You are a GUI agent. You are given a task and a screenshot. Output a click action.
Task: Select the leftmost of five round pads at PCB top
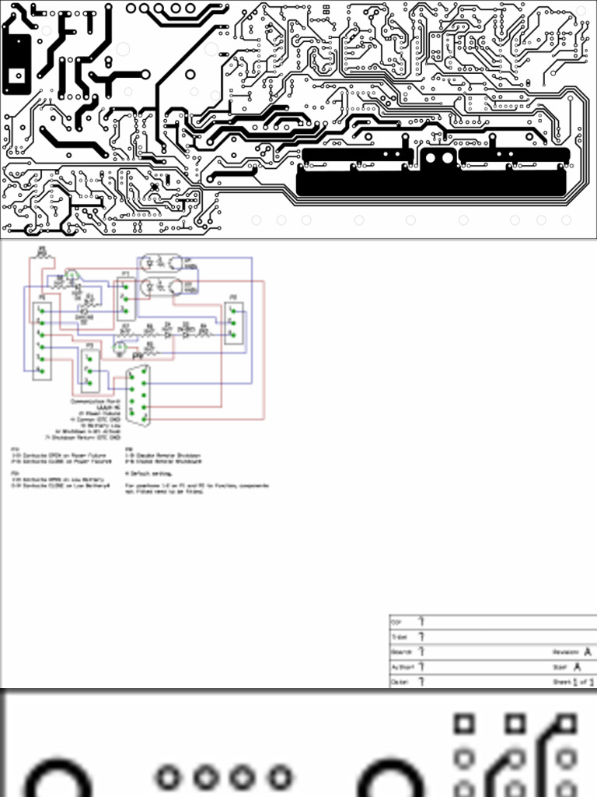pyautogui.click(x=131, y=9)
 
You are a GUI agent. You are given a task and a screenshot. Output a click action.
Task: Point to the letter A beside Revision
pyautogui.click(x=588, y=651)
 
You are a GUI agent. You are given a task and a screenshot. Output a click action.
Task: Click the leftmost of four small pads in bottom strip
pyautogui.click(x=169, y=777)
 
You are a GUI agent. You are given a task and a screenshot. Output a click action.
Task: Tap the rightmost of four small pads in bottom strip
pyautogui.click(x=278, y=777)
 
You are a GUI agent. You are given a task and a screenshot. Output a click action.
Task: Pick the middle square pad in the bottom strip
pyautogui.click(x=515, y=724)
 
